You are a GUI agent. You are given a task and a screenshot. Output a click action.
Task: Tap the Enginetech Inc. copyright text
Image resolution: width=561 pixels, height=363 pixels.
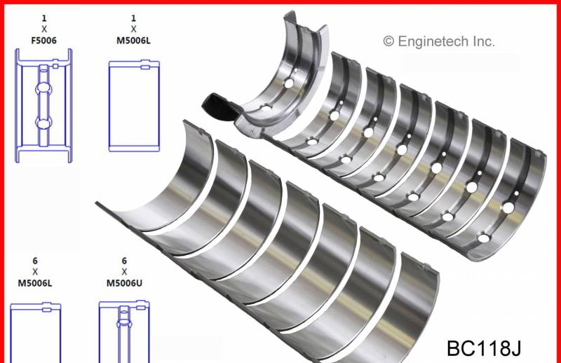(439, 41)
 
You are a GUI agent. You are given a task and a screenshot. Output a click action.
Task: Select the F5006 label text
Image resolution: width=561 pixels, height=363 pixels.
(43, 41)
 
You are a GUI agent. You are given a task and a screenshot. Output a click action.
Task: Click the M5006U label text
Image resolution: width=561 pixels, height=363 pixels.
(124, 283)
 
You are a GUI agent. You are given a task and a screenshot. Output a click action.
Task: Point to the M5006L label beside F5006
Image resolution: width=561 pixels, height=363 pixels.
(133, 41)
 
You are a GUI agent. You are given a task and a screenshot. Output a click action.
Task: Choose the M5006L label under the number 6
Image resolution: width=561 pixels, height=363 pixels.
(34, 283)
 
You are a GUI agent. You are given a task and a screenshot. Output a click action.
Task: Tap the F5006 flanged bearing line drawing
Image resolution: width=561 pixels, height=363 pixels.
(43, 106)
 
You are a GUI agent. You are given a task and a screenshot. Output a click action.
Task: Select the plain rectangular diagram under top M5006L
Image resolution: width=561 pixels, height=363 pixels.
(134, 107)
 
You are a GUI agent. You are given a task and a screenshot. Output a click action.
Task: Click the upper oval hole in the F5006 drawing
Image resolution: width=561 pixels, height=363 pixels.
(43, 88)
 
